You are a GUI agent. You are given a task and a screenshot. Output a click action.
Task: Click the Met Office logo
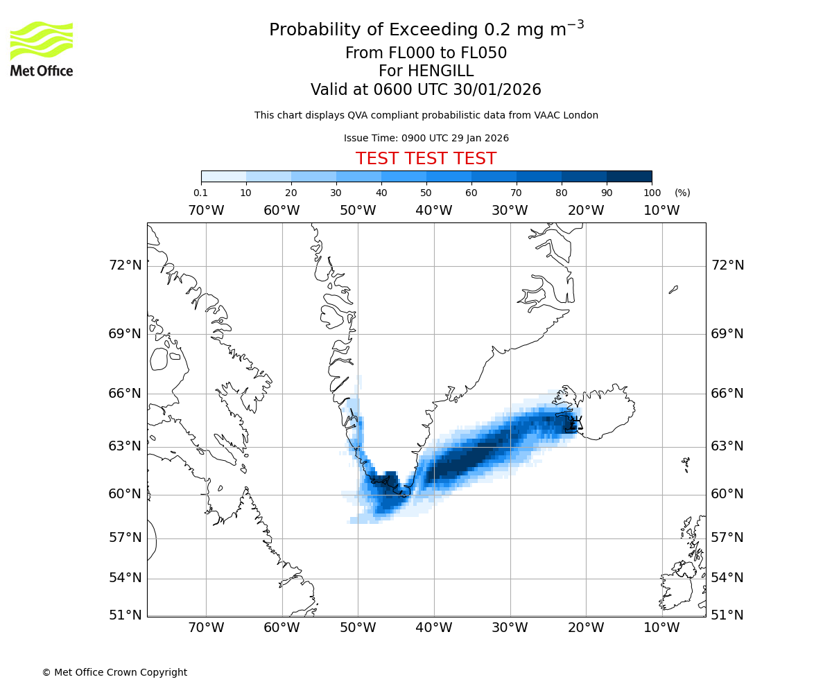42,49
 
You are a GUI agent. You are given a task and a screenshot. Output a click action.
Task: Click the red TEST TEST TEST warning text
426,159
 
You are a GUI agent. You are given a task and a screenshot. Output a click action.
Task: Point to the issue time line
426,138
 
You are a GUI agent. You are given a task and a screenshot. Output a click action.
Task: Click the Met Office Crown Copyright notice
114,672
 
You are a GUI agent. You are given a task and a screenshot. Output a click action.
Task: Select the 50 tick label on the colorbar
426,193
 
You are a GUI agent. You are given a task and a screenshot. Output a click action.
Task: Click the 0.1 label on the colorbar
200,193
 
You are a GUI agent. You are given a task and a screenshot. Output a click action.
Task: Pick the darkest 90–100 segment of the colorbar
629,176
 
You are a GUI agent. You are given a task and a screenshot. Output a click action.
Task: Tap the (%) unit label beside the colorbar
682,193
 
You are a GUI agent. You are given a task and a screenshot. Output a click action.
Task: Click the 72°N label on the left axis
125,265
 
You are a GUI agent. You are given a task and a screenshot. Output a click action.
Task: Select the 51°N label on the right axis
727,615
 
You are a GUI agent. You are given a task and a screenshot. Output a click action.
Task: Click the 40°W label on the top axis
434,210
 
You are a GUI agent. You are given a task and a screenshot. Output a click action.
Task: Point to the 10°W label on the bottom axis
661,628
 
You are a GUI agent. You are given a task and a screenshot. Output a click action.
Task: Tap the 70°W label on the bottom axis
206,628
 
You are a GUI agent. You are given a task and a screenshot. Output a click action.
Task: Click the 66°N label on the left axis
125,394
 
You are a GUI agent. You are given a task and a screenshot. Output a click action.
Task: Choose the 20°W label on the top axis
586,210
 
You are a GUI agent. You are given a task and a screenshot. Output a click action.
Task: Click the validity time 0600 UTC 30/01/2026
457,90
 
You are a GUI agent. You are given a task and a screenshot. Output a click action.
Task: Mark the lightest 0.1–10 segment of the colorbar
223,176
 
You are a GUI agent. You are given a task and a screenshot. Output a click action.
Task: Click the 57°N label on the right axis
727,538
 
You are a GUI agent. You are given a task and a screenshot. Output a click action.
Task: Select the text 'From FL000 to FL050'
426,53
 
